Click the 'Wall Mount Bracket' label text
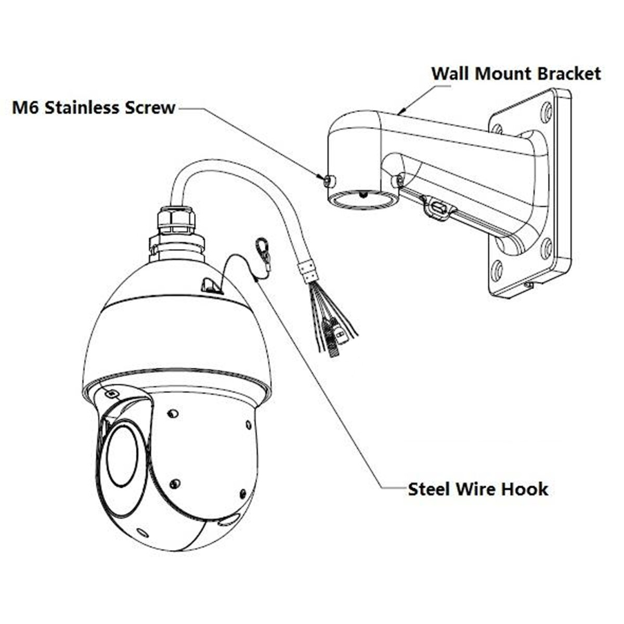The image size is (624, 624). click(516, 73)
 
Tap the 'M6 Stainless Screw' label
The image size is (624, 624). click(94, 108)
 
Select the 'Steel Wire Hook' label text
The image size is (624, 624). click(478, 489)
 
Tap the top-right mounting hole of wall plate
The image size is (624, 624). click(545, 111)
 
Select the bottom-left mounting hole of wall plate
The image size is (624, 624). click(497, 270)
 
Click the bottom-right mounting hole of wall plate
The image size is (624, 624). click(545, 248)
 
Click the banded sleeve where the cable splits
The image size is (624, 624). click(307, 271)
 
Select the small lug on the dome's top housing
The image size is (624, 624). click(210, 284)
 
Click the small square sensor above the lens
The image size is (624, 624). click(111, 393)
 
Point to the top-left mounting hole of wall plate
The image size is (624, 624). click(497, 128)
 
